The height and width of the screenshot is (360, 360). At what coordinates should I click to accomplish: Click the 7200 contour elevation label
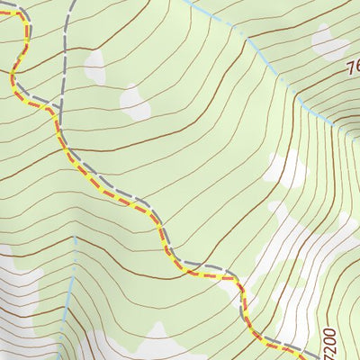click(328, 337)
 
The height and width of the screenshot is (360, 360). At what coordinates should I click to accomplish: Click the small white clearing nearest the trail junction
click(136, 101)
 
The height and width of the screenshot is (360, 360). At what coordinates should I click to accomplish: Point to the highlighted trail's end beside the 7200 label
click(310, 351)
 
